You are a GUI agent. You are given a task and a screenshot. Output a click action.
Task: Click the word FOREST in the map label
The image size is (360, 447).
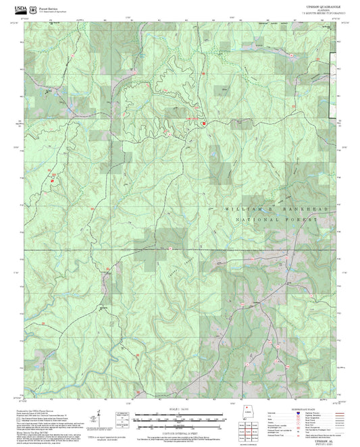click(301, 220)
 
